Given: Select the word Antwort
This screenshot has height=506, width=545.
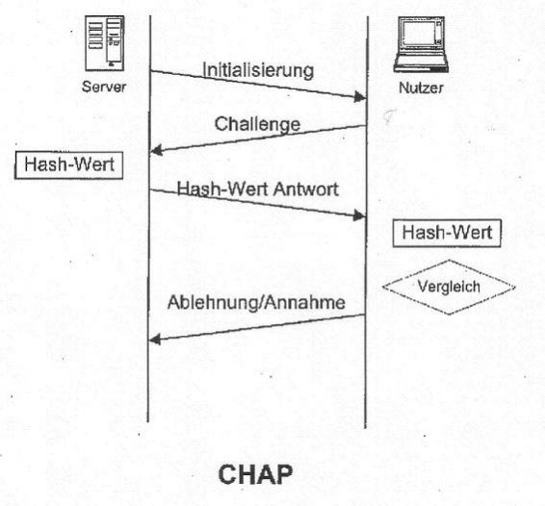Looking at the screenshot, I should point(305,189).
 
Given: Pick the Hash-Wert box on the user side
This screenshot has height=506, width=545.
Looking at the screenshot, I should point(448,233).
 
